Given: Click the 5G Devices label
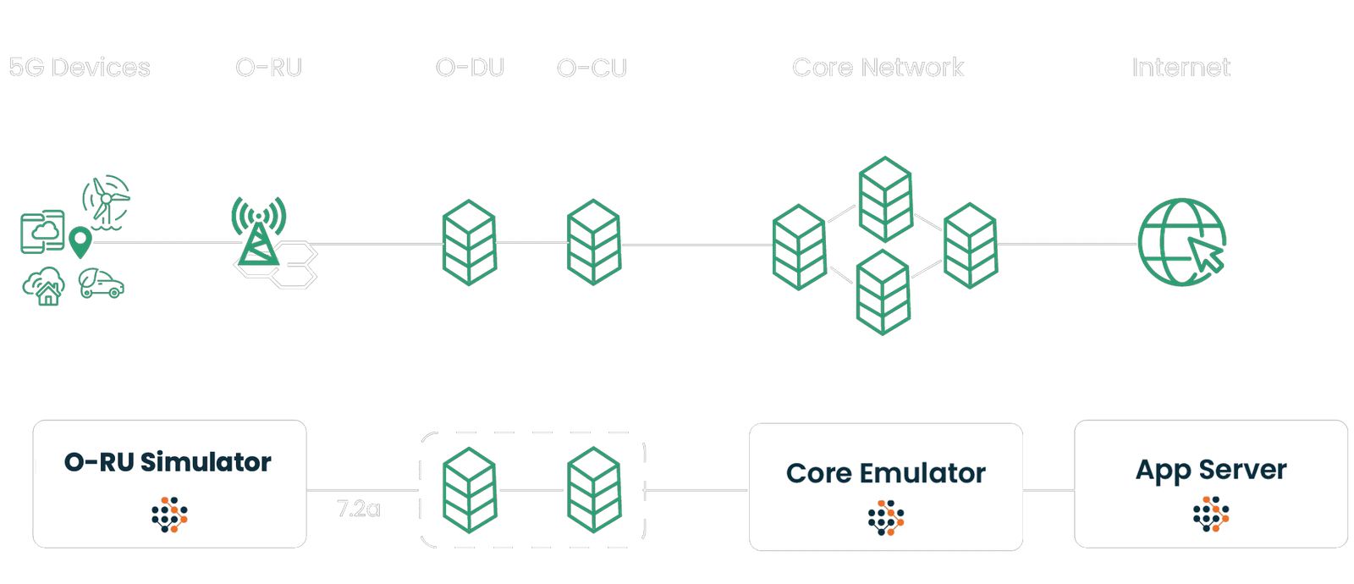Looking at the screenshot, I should [80, 68].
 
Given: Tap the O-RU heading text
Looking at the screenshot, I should [268, 68].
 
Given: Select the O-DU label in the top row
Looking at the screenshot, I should [470, 68].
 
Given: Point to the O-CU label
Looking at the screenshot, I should [592, 68].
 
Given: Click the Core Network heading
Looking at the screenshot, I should [878, 68].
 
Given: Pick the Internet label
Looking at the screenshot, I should [1181, 68].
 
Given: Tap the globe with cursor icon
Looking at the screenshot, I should [1181, 241].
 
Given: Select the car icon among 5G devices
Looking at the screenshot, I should [102, 284].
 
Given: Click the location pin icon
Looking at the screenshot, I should [80, 242].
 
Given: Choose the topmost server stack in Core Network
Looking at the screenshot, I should [884, 199].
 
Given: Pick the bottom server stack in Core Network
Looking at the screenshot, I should [883, 292].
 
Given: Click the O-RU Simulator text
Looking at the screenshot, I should [168, 462].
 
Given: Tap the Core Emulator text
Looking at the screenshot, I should [885, 473].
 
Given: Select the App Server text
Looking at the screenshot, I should [1211, 471].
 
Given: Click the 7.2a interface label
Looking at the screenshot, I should [359, 509].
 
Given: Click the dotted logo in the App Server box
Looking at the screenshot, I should [1211, 515].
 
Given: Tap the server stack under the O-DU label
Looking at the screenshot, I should [469, 242].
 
